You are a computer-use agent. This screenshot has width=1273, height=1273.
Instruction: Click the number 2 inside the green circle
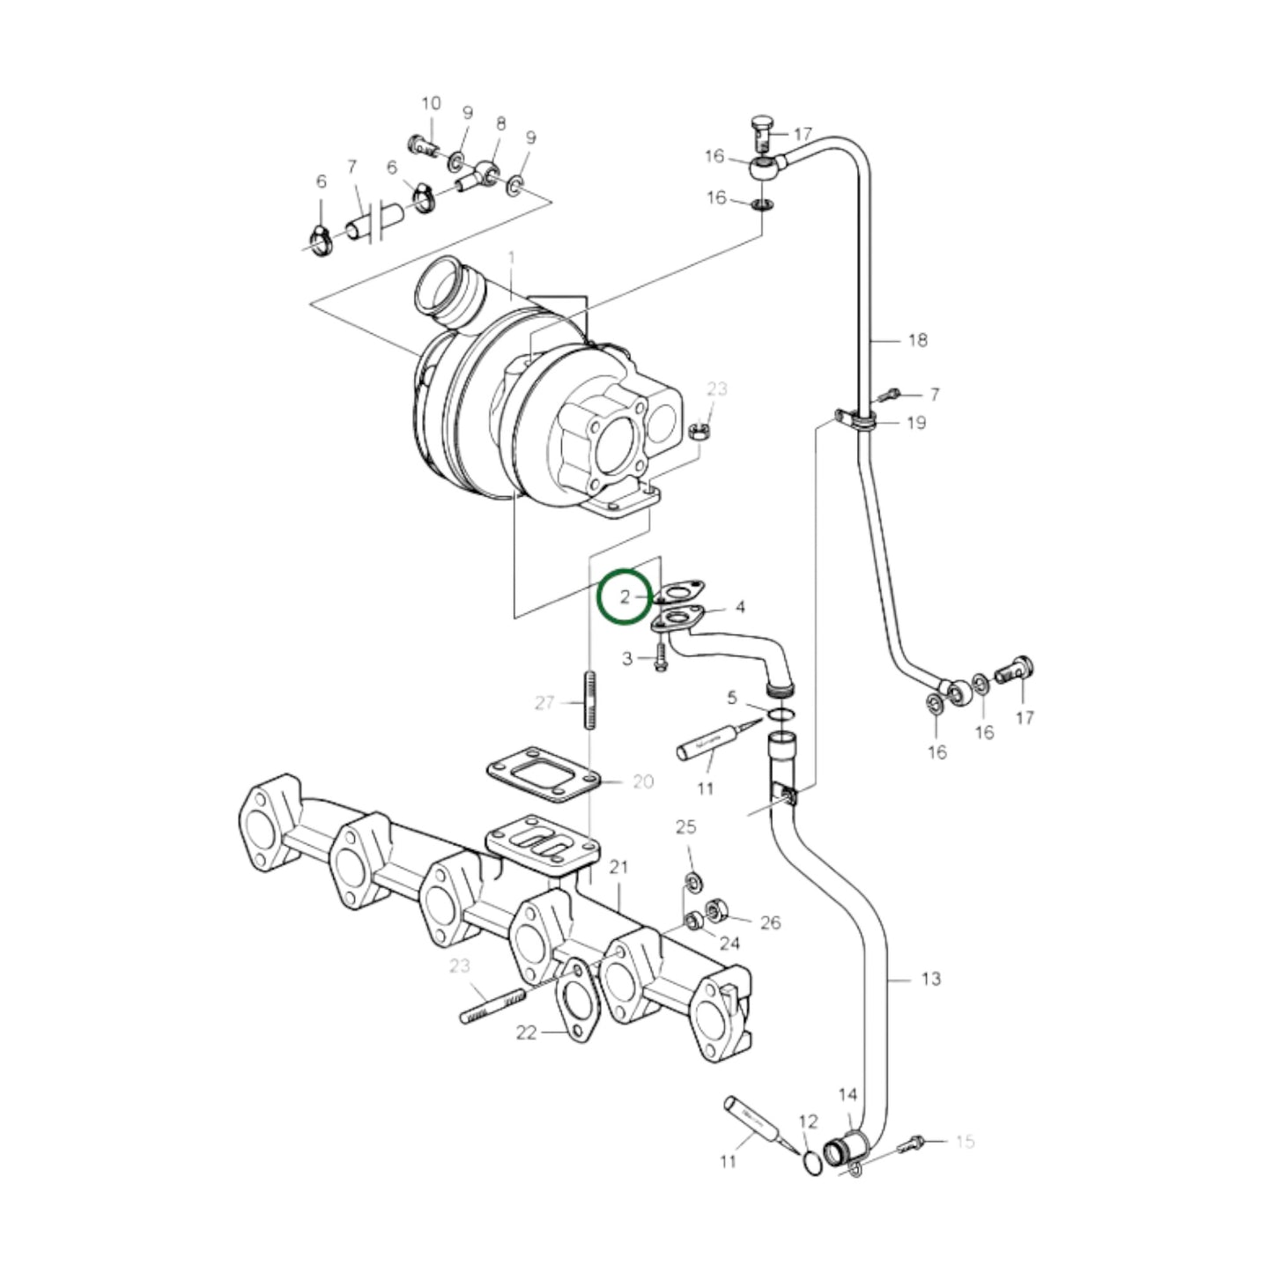click(x=625, y=597)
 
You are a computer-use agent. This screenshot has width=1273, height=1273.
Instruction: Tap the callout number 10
click(x=430, y=104)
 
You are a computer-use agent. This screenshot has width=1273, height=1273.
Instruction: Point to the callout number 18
click(x=917, y=340)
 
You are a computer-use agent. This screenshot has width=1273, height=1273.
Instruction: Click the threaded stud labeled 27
click(x=588, y=700)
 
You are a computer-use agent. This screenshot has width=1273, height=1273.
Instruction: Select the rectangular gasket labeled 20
click(x=544, y=775)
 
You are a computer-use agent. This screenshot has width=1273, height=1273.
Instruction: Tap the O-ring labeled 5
click(x=780, y=713)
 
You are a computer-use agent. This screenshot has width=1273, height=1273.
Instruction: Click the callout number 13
click(x=930, y=979)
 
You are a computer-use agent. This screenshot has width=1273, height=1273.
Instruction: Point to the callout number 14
click(x=847, y=1095)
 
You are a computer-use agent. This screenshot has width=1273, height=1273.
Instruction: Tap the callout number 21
click(x=618, y=868)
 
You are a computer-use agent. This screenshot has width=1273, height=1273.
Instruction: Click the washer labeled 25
click(x=693, y=880)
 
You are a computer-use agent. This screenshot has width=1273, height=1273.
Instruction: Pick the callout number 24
click(x=729, y=944)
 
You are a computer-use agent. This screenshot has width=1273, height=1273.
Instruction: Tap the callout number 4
click(x=740, y=607)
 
